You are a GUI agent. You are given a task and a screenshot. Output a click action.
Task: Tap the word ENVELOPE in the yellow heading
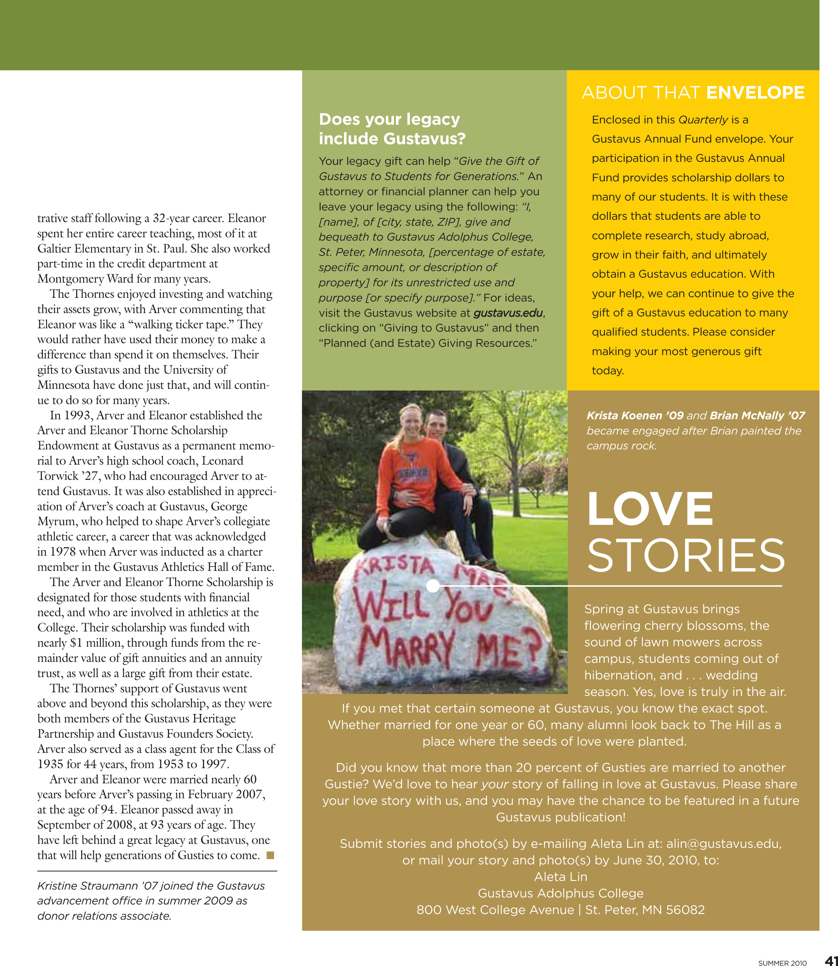pyautogui.click(x=755, y=93)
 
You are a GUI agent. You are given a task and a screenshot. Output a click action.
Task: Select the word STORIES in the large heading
pyautogui.click(x=686, y=555)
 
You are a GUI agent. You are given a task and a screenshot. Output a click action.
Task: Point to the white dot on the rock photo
pyautogui.click(x=433, y=585)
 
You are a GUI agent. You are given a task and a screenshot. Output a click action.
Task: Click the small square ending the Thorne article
pyautogui.click(x=270, y=855)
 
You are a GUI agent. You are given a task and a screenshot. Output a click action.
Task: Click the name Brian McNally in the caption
pyautogui.click(x=747, y=415)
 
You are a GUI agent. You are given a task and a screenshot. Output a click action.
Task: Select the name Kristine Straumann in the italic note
pyautogui.click(x=92, y=886)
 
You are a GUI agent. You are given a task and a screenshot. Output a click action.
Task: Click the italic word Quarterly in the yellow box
pyautogui.click(x=703, y=120)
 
